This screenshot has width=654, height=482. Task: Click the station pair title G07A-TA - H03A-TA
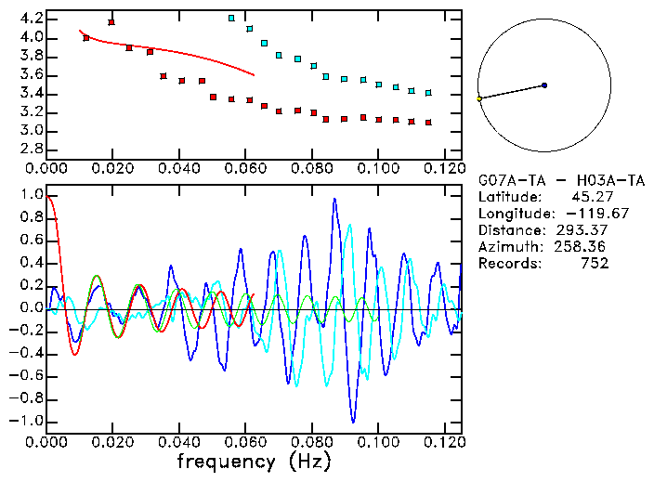click(x=560, y=179)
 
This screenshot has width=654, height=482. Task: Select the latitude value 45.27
click(x=588, y=197)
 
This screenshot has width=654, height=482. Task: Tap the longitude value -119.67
click(x=580, y=214)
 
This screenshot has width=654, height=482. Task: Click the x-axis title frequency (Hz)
click(x=254, y=462)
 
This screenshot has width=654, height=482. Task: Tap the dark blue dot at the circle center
click(x=544, y=85)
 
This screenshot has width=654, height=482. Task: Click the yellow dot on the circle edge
click(x=479, y=98)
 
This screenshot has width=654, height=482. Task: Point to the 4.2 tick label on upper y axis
click(x=31, y=19)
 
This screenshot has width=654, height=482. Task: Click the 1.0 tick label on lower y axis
click(x=31, y=195)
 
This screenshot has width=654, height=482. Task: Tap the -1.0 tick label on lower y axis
click(x=27, y=421)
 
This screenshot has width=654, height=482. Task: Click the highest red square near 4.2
click(x=111, y=22)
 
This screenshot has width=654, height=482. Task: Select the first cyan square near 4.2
click(x=231, y=19)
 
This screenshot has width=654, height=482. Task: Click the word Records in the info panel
click(x=507, y=264)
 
